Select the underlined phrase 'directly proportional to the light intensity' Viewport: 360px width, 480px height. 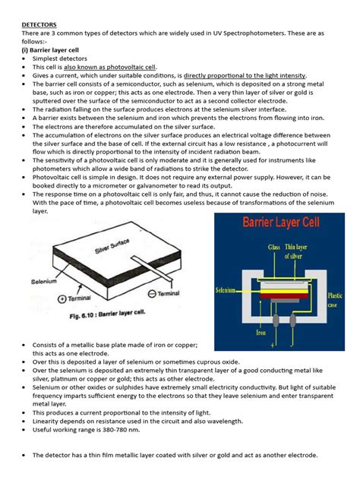[x=245, y=76]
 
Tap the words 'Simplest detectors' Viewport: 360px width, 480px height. [x=61, y=58]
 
